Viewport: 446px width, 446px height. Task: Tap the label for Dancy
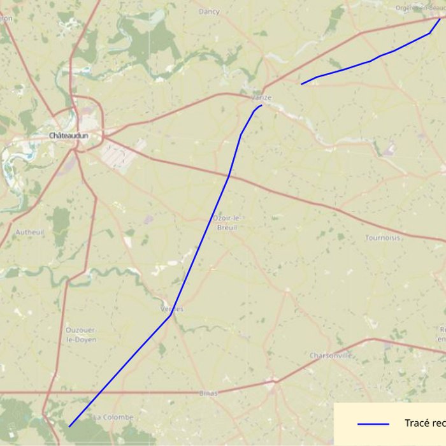point(209,11)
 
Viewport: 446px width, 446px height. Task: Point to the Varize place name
point(261,97)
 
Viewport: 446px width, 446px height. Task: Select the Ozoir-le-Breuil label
point(227,223)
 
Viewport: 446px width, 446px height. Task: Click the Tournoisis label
point(383,238)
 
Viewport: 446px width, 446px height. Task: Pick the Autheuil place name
point(30,233)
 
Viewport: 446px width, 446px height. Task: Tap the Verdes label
point(171,309)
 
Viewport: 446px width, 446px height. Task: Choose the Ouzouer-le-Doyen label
point(81,335)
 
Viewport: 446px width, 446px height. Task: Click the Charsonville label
point(331,356)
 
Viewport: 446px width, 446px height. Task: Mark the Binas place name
point(208,393)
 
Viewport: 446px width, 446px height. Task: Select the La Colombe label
point(113,417)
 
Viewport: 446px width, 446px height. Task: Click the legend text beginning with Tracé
point(424,424)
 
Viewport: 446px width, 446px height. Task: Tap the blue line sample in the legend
point(373,424)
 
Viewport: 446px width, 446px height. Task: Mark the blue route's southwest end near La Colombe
point(69,426)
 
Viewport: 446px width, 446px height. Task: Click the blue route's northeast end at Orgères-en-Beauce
point(440,18)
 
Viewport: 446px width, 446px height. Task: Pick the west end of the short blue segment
point(301,83)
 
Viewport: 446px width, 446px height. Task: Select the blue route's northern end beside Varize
point(262,105)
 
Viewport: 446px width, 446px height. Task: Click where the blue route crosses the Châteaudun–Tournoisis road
point(229,176)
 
